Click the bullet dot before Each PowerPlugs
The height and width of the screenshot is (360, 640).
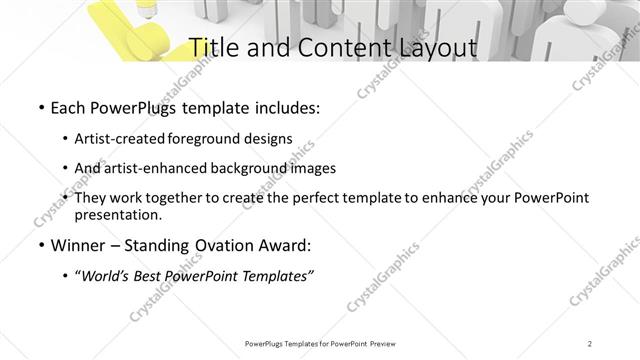(40, 106)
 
